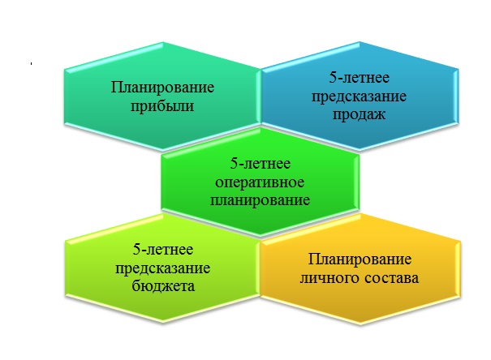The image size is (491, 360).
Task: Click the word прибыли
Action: pyautogui.click(x=158, y=106)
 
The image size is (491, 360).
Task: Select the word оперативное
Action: pyautogui.click(x=261, y=182)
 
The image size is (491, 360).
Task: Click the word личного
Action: pyautogui.click(x=329, y=279)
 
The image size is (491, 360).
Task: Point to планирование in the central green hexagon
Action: pyautogui.click(x=261, y=199)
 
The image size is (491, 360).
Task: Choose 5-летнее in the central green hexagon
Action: pyautogui.click(x=261, y=164)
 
